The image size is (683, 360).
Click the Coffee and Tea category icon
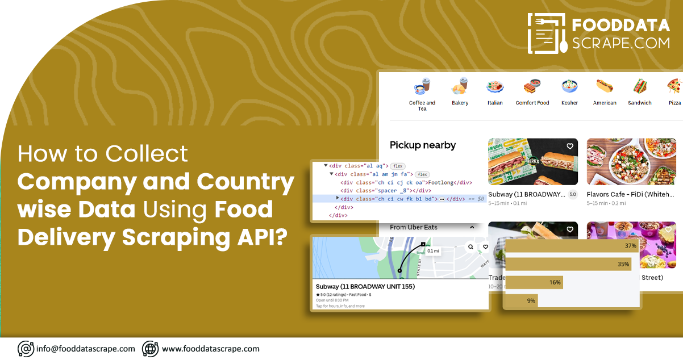click(422, 87)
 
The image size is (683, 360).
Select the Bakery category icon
click(460, 87)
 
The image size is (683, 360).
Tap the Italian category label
click(495, 103)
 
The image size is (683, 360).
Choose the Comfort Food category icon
click(532, 87)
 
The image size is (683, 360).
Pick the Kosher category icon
click(569, 87)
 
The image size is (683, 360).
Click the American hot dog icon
click(605, 87)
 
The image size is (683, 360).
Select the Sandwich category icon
click(640, 87)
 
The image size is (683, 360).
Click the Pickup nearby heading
click(423, 145)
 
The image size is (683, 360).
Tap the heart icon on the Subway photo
click(570, 146)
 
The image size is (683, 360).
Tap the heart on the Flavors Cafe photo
click(668, 146)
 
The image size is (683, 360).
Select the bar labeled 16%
click(534, 282)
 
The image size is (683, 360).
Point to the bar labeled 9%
click(522, 300)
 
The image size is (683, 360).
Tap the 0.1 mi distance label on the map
click(433, 250)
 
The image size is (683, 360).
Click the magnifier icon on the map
click(470, 247)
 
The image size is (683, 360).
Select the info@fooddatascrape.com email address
click(85, 349)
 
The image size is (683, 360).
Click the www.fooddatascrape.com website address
click(210, 349)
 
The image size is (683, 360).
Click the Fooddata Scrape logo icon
click(547, 34)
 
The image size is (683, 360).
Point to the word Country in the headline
click(245, 182)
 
